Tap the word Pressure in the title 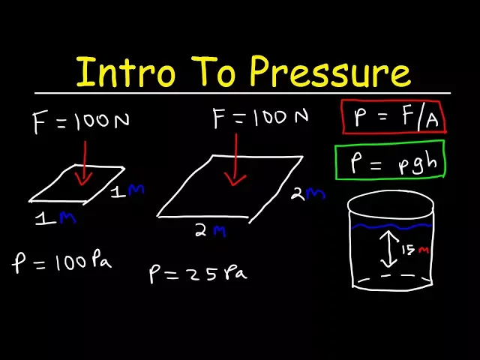pos(330,73)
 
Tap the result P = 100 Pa pos(62,262)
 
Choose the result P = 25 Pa pos(196,273)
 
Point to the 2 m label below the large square pos(210,231)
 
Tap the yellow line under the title pos(241,93)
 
